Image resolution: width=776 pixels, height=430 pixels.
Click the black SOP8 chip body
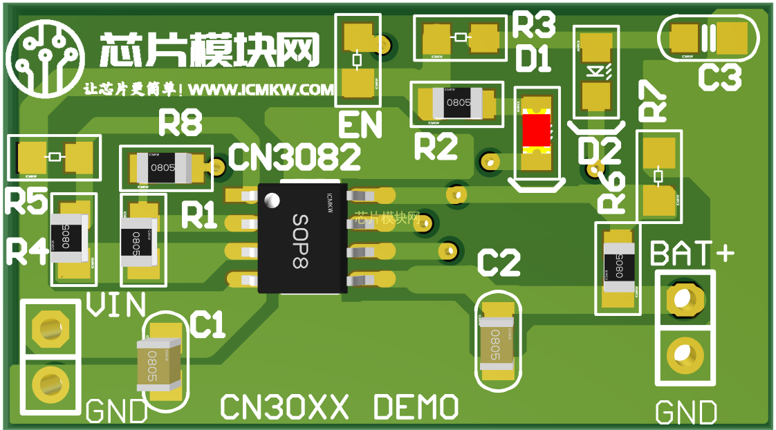(302, 239)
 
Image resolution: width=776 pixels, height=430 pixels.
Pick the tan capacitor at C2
(496, 340)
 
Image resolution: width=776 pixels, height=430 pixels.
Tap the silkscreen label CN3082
(294, 158)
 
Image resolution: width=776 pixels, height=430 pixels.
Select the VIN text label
(116, 305)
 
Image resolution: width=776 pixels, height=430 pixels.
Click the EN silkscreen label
(360, 126)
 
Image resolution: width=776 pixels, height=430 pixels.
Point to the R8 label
(181, 124)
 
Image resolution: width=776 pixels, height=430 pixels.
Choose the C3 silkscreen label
(719, 77)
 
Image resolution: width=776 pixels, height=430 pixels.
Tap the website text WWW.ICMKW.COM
(261, 90)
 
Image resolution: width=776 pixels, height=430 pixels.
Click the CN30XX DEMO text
(339, 408)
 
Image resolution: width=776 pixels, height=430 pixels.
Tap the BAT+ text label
(692, 254)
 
